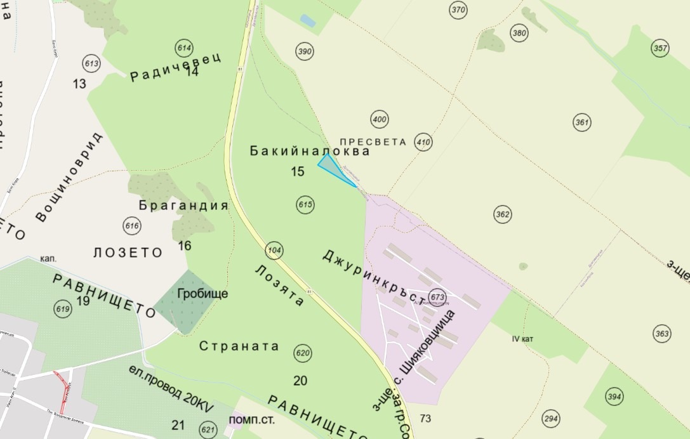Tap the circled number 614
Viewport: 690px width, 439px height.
tap(185, 49)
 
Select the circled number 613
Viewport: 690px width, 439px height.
tap(92, 63)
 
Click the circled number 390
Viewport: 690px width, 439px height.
tap(305, 51)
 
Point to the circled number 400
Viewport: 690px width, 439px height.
tap(380, 119)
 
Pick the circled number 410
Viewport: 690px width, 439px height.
tap(423, 141)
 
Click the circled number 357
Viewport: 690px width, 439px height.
tap(660, 48)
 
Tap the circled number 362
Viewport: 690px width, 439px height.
tap(503, 214)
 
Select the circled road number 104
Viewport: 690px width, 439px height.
tap(274, 249)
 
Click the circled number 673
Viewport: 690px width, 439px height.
tap(437, 297)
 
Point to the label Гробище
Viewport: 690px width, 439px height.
tap(202, 294)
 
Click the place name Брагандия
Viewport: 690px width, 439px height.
tap(183, 206)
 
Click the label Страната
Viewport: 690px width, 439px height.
tap(239, 346)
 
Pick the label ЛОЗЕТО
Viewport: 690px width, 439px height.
tap(128, 252)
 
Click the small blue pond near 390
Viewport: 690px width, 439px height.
tap(307, 20)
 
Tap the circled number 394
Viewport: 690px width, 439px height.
tap(614, 397)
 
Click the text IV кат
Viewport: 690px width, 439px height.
tap(522, 339)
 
